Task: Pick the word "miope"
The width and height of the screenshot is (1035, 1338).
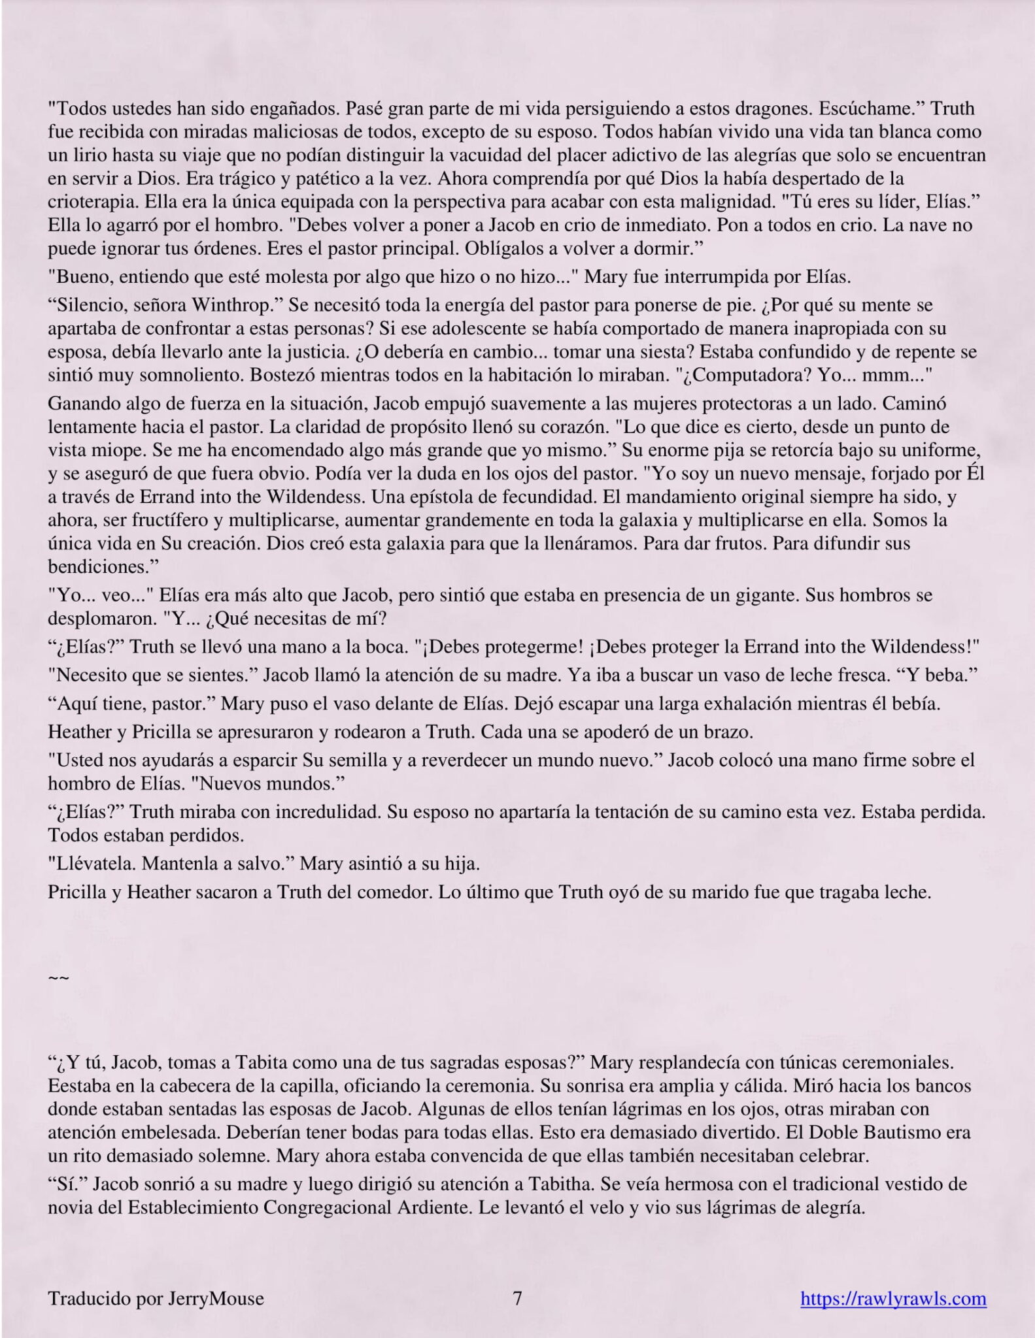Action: tap(105, 451)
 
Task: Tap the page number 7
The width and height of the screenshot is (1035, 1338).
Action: tap(517, 1298)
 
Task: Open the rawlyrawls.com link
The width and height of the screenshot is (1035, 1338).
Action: tap(893, 1298)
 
